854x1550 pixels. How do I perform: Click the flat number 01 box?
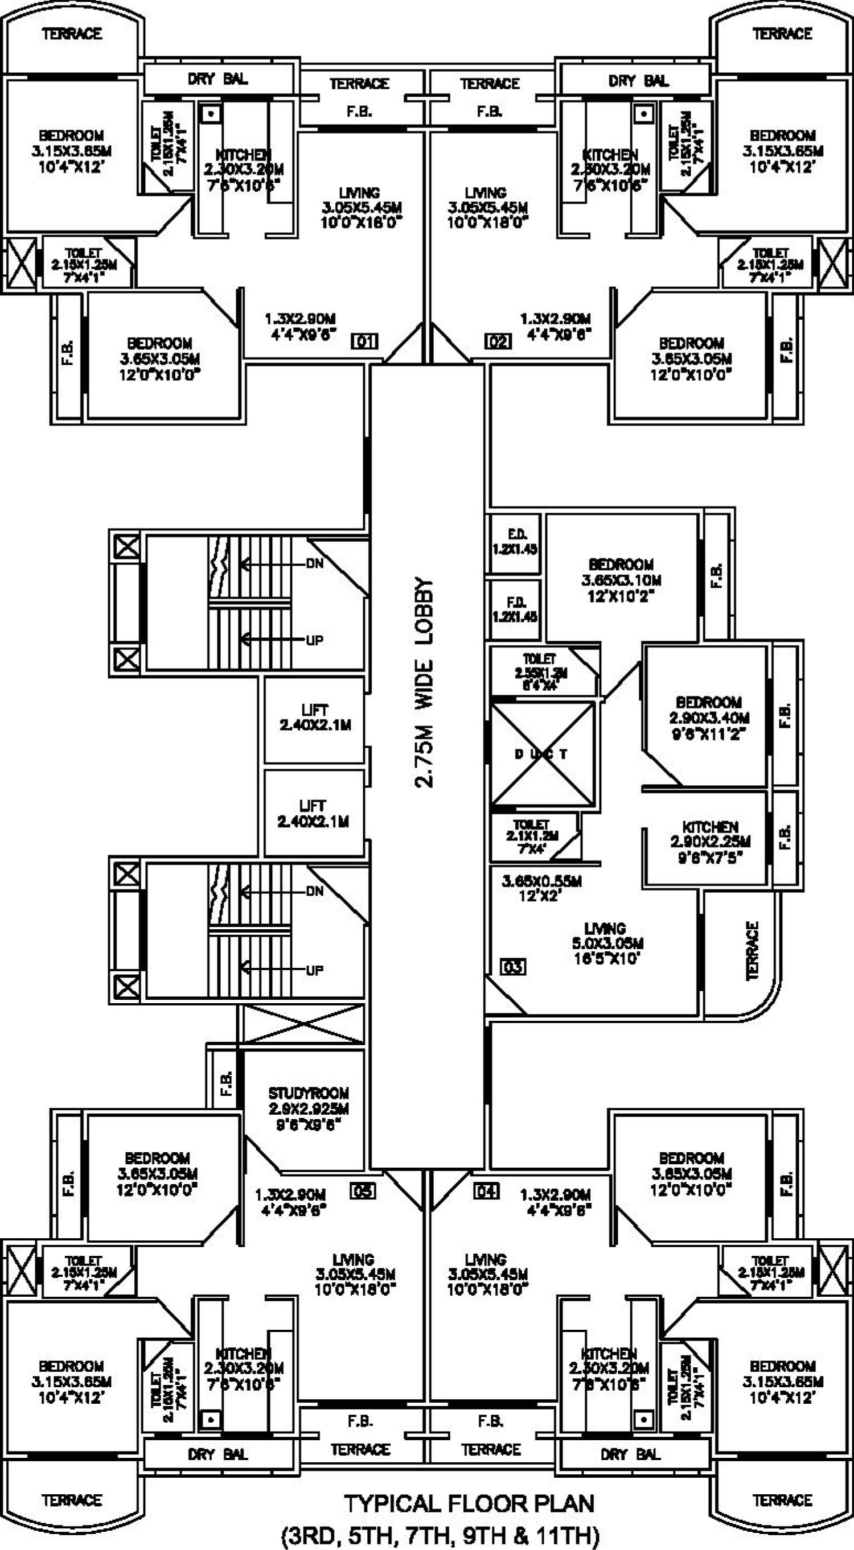pos(365,342)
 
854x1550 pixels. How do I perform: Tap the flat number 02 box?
pos(498,342)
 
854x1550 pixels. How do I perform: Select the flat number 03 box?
pos(513,967)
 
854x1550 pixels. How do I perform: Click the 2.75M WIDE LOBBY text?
pos(424,683)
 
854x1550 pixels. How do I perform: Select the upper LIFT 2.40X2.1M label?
pos(315,717)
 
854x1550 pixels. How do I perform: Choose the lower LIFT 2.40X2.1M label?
pos(313,814)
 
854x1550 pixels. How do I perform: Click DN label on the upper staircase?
pos(315,563)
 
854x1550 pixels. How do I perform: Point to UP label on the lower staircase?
pos(315,970)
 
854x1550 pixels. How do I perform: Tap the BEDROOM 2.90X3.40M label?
pos(709,717)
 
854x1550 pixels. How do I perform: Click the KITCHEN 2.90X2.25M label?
pos(710,841)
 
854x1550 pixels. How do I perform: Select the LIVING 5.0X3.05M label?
pos(607,943)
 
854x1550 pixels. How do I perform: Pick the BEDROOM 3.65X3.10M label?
pos(621,580)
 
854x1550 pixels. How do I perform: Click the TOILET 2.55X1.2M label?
pos(540,673)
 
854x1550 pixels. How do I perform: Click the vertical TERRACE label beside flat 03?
pos(752,951)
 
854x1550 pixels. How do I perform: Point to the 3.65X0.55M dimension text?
pos(541,888)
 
